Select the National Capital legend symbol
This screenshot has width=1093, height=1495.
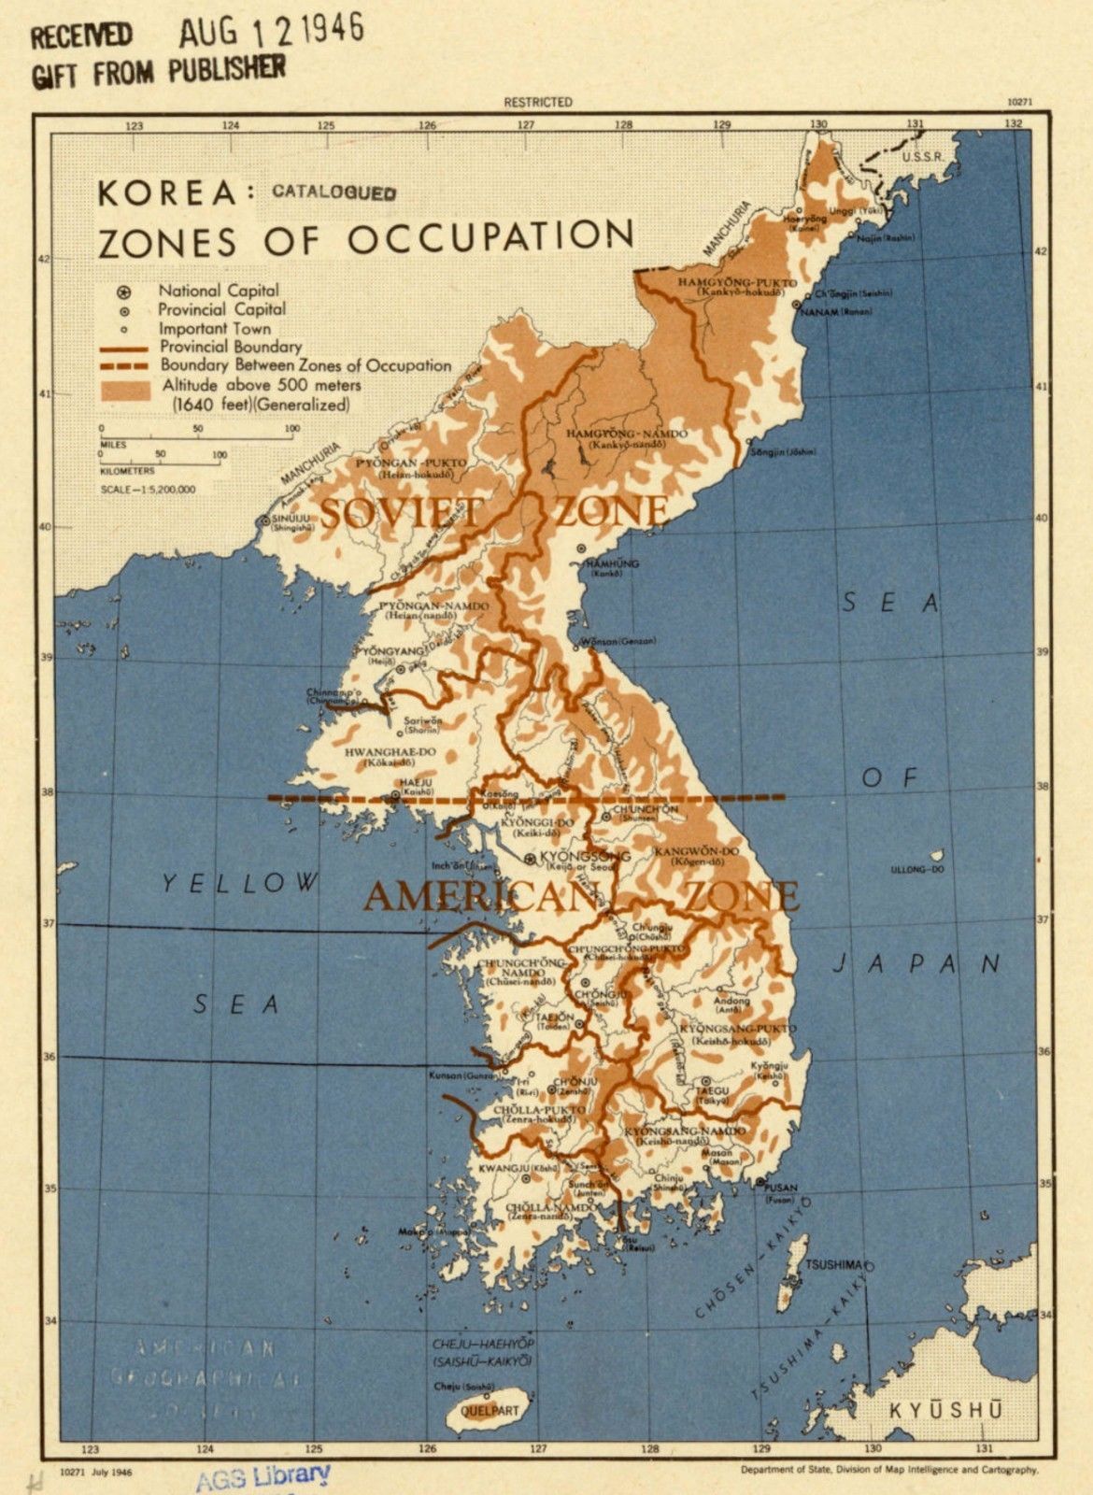point(123,292)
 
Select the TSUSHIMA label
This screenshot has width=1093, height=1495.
point(835,1264)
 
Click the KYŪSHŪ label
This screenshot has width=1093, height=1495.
point(944,1409)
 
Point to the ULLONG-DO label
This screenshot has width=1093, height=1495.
point(919,869)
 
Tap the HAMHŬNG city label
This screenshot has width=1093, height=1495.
point(612,564)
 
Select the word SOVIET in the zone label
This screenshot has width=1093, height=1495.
point(403,513)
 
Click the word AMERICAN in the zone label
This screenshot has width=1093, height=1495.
point(479,897)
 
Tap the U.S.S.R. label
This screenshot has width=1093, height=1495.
point(922,156)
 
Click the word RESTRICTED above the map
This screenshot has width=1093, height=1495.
point(537,102)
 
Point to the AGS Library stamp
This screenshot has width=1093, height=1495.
point(263,1476)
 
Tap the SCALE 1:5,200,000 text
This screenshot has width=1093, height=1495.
point(148,489)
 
